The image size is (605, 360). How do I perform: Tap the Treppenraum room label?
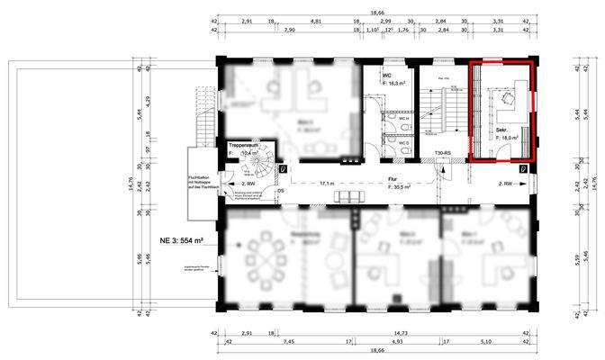pyautogui.click(x=243, y=144)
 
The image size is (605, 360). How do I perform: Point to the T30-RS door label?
pyautogui.click(x=444, y=154)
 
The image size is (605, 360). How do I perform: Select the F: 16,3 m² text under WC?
pyautogui.click(x=395, y=83)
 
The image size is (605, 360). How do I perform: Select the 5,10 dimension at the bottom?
pyautogui.click(x=485, y=342)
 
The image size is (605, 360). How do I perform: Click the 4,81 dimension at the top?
pyautogui.click(x=315, y=20)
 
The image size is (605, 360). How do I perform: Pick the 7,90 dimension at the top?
pyautogui.click(x=288, y=30)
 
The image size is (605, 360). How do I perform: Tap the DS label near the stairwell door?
pyautogui.click(x=281, y=190)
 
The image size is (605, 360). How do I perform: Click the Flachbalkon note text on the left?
pyautogui.click(x=199, y=184)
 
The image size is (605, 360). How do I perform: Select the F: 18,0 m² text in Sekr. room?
pyautogui.click(x=508, y=138)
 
